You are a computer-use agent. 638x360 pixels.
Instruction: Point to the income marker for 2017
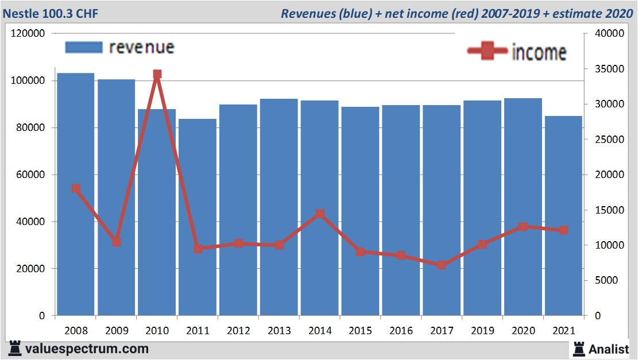[x=442, y=265]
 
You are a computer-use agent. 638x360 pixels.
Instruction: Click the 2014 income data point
[x=320, y=214]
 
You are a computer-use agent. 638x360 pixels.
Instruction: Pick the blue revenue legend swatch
[x=84, y=47]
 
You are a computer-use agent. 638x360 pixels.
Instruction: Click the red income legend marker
[x=488, y=51]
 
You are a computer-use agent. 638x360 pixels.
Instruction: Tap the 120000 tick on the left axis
[x=28, y=34]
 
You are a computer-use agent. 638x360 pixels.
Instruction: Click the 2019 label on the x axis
[x=482, y=331]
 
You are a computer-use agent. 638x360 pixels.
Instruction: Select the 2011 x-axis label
[x=198, y=331]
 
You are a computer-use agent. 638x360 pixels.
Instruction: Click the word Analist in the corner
[x=610, y=349]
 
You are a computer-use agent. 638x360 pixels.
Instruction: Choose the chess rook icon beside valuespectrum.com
[x=15, y=349]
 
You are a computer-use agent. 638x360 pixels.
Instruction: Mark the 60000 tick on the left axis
[x=30, y=175]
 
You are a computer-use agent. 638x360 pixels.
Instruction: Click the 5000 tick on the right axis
[x=606, y=280]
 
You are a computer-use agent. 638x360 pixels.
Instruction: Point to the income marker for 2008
[x=76, y=188]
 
